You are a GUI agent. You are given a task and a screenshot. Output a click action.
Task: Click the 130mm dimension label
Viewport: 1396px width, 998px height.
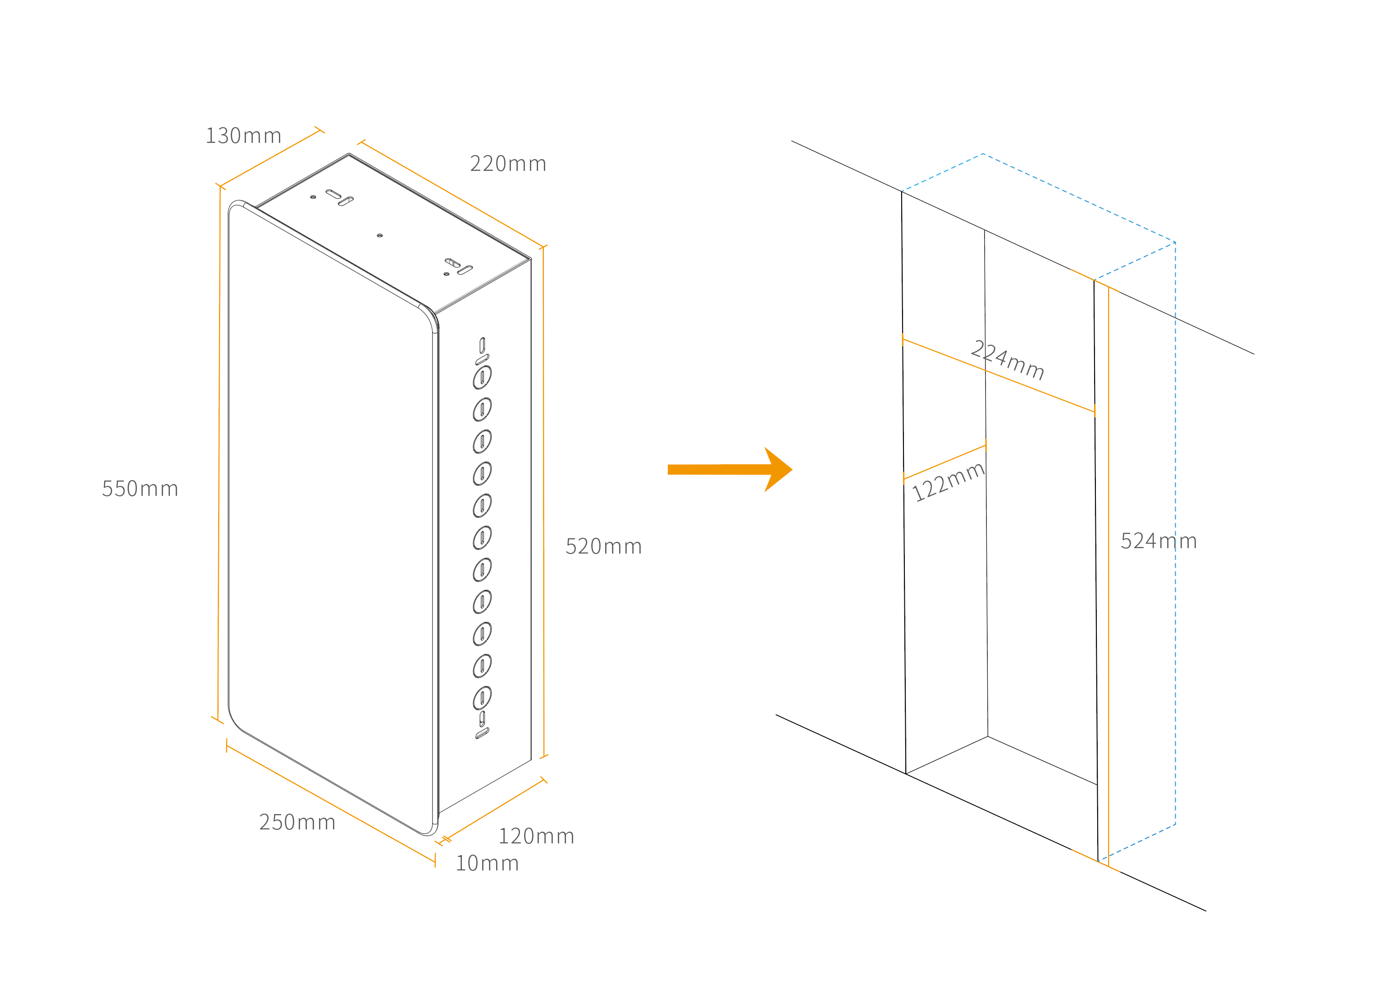(x=243, y=136)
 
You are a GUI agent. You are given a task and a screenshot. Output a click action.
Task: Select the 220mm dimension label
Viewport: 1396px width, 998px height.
(x=508, y=164)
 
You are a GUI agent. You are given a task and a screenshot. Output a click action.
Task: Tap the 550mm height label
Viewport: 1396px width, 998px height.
(x=140, y=489)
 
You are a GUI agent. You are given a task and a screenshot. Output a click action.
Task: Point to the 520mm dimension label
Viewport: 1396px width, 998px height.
(x=603, y=547)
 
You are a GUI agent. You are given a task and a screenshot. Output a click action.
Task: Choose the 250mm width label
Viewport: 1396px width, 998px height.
(x=297, y=822)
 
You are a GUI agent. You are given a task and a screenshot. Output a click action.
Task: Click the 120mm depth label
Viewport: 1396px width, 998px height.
(x=536, y=836)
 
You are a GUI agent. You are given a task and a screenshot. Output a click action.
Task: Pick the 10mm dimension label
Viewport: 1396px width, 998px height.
(x=487, y=863)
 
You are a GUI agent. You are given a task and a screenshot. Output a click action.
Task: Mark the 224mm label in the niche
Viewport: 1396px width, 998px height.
(x=1007, y=361)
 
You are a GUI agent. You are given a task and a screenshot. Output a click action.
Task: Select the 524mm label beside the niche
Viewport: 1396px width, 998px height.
(x=1159, y=541)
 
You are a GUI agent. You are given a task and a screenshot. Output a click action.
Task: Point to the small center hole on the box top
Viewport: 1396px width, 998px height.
(x=379, y=235)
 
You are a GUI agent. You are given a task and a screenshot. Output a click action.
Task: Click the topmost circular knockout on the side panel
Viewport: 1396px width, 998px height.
(x=482, y=377)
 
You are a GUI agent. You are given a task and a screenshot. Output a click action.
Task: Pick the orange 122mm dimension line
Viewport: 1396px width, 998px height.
(x=944, y=462)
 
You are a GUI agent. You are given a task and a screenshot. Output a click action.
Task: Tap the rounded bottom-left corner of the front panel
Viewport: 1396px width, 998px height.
(x=237, y=722)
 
